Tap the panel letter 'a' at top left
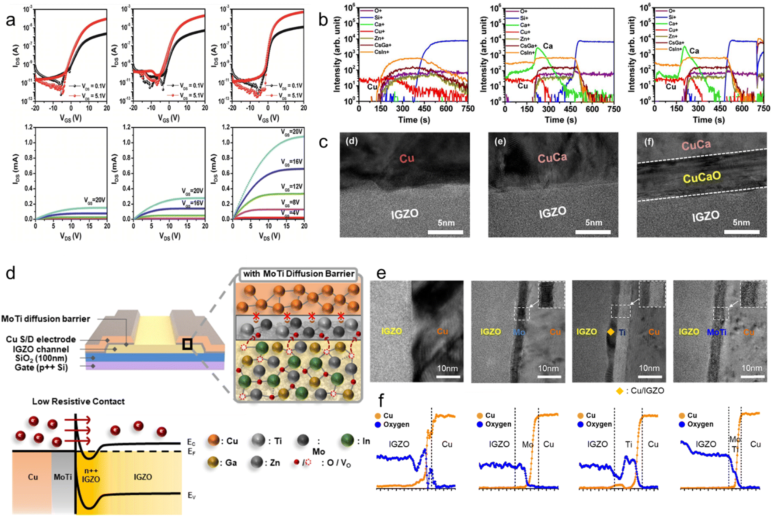click(x=11, y=20)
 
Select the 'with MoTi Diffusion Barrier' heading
click(x=298, y=274)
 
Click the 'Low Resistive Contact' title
click(x=78, y=401)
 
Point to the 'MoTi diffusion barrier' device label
click(x=46, y=318)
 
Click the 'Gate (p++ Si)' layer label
click(x=41, y=367)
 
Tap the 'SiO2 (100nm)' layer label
click(x=41, y=358)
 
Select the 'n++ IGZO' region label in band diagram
click(x=91, y=475)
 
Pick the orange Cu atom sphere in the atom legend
click(x=213, y=440)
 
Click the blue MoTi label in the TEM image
click(x=716, y=332)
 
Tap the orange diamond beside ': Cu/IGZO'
click(x=619, y=391)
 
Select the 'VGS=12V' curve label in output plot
click(x=292, y=186)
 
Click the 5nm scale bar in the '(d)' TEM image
click(x=445, y=231)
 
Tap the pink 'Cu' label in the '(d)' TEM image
click(x=407, y=158)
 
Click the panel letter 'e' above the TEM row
click(x=381, y=273)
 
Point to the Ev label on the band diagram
click(x=191, y=496)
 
